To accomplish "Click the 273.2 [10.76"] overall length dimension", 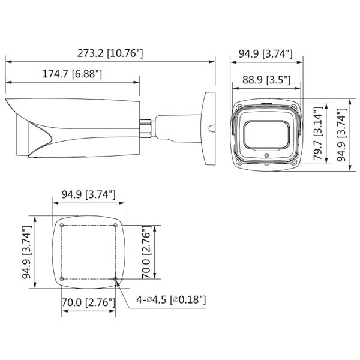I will [110, 53].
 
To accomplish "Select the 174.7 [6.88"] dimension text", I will [71, 75].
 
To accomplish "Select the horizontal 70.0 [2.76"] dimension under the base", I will [88, 302].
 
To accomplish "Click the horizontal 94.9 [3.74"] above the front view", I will [265, 53].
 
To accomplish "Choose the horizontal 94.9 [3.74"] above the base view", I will [88, 194].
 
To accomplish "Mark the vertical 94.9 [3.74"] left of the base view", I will [26, 253].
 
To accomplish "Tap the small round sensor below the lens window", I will [266, 154].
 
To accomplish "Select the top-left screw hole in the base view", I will [62, 226].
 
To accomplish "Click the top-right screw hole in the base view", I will [115, 226].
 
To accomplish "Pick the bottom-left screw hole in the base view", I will [62, 279].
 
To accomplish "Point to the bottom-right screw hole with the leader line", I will [115, 279].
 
